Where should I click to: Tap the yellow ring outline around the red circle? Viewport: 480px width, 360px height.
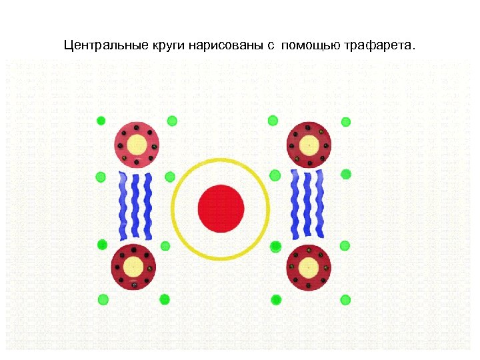tap(221, 161)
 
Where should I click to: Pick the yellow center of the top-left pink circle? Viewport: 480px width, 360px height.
tap(137, 144)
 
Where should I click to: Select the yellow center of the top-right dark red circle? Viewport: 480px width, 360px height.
tap(309, 144)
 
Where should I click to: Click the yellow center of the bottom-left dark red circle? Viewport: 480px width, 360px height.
tap(134, 267)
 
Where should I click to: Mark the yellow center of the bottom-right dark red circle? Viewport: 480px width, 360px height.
tap(309, 267)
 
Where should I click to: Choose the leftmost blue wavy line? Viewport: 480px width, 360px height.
tap(123, 205)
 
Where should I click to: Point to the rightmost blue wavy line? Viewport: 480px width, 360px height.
tap(320, 203)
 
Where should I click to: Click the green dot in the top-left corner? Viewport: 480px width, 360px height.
tap(101, 121)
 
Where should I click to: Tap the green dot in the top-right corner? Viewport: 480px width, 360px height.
tap(346, 122)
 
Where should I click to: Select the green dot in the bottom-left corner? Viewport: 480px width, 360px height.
tap(103, 299)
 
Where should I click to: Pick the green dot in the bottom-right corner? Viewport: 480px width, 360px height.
tap(345, 299)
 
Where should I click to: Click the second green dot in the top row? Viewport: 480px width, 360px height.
tap(171, 121)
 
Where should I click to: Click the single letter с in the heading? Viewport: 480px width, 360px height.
tap(272, 47)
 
